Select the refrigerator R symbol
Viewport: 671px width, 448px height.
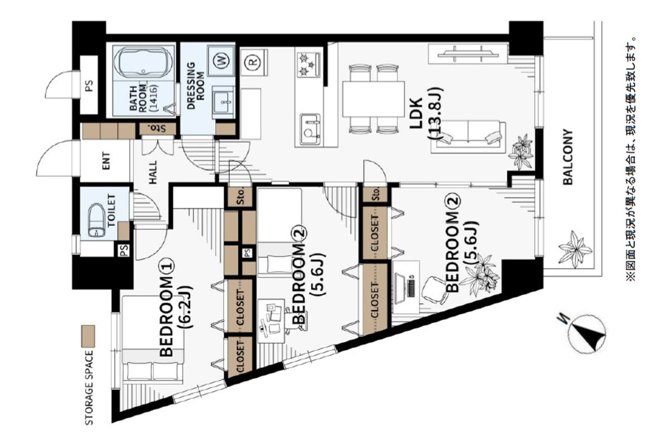coord(253,62)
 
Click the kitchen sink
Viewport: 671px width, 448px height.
coord(310,128)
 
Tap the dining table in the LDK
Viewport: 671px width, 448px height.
coord(374,99)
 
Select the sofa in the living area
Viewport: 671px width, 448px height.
coord(468,137)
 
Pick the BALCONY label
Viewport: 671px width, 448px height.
coord(568,157)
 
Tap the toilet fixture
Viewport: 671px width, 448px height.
coord(96,221)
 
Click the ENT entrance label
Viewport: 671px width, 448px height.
coord(106,161)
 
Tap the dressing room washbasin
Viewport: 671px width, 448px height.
coord(223,101)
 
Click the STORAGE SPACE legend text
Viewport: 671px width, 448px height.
coord(89,388)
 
